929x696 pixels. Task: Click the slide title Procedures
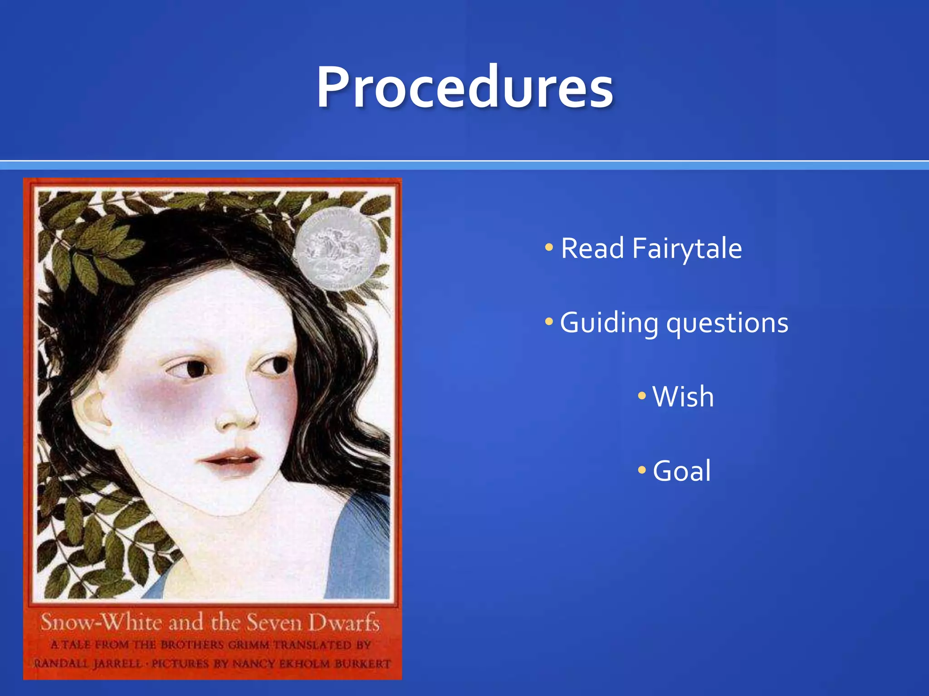click(x=464, y=87)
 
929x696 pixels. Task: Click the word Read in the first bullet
click(x=592, y=248)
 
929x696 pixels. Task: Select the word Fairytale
click(x=687, y=249)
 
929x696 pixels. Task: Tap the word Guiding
click(x=609, y=324)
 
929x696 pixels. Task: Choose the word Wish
click(x=683, y=397)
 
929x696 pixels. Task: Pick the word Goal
click(x=682, y=471)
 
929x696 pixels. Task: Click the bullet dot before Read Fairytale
click(x=549, y=247)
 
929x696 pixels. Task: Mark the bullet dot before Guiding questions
click(x=549, y=322)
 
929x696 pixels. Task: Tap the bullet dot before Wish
click(x=642, y=396)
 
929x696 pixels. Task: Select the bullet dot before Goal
click(x=642, y=470)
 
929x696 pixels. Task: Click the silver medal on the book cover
click(x=337, y=248)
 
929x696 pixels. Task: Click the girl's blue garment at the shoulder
click(x=363, y=544)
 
